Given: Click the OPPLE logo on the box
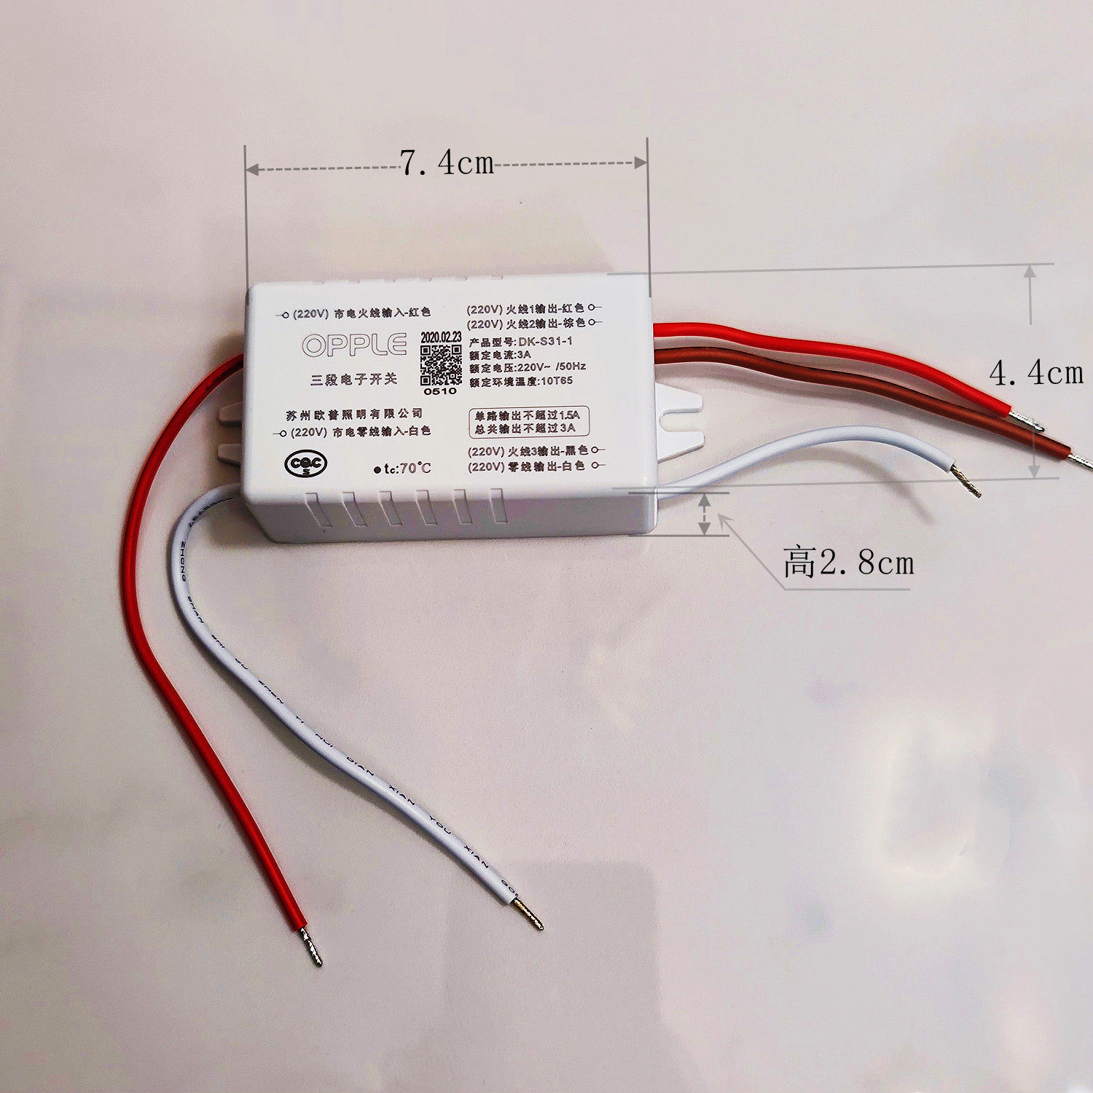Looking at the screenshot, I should [354, 345].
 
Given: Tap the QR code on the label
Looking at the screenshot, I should [441, 365].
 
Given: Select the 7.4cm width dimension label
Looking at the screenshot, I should [447, 162].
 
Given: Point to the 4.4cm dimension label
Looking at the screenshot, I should [1036, 373].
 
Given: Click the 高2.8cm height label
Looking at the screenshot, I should [848, 563].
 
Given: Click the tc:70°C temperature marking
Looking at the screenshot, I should [402, 469].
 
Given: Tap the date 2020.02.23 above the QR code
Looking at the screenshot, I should [441, 337].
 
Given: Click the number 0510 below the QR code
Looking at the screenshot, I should [440, 391].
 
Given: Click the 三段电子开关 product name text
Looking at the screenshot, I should [353, 379].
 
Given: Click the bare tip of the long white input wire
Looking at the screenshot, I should [529, 914].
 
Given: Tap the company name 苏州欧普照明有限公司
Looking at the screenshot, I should [353, 415].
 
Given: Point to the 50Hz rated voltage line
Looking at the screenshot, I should [527, 367].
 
